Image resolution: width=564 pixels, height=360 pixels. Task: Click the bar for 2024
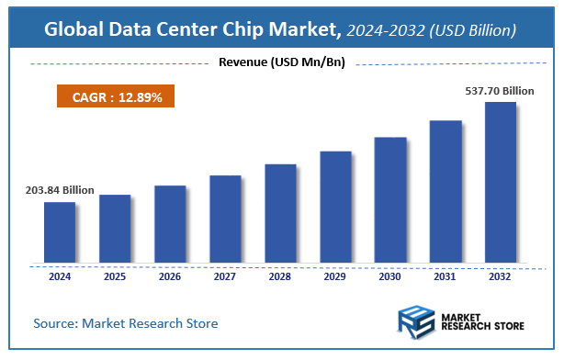pos(60,231)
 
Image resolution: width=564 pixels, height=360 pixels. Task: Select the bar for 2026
pos(170,223)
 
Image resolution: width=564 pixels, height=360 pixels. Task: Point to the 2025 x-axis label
pos(115,276)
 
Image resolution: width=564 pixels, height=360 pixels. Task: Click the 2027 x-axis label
pos(225,276)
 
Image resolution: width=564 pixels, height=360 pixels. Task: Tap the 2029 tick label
pos(335,276)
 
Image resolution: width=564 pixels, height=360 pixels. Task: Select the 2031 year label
pos(445,276)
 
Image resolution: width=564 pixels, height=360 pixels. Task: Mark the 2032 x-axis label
pos(500,276)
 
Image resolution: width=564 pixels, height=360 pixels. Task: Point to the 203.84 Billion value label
pos(60,190)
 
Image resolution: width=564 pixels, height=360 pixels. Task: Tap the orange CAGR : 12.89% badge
pos(110,97)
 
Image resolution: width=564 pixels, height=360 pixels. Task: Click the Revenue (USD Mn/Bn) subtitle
pos(282,62)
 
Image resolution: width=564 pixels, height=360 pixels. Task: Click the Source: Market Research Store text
pos(126,323)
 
